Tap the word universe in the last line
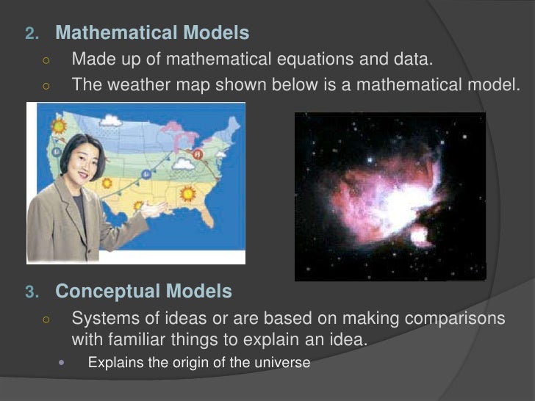pyautogui.click(x=283, y=363)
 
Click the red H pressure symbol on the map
pyautogui.click(x=197, y=154)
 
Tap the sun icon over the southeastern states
pyautogui.click(x=187, y=193)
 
